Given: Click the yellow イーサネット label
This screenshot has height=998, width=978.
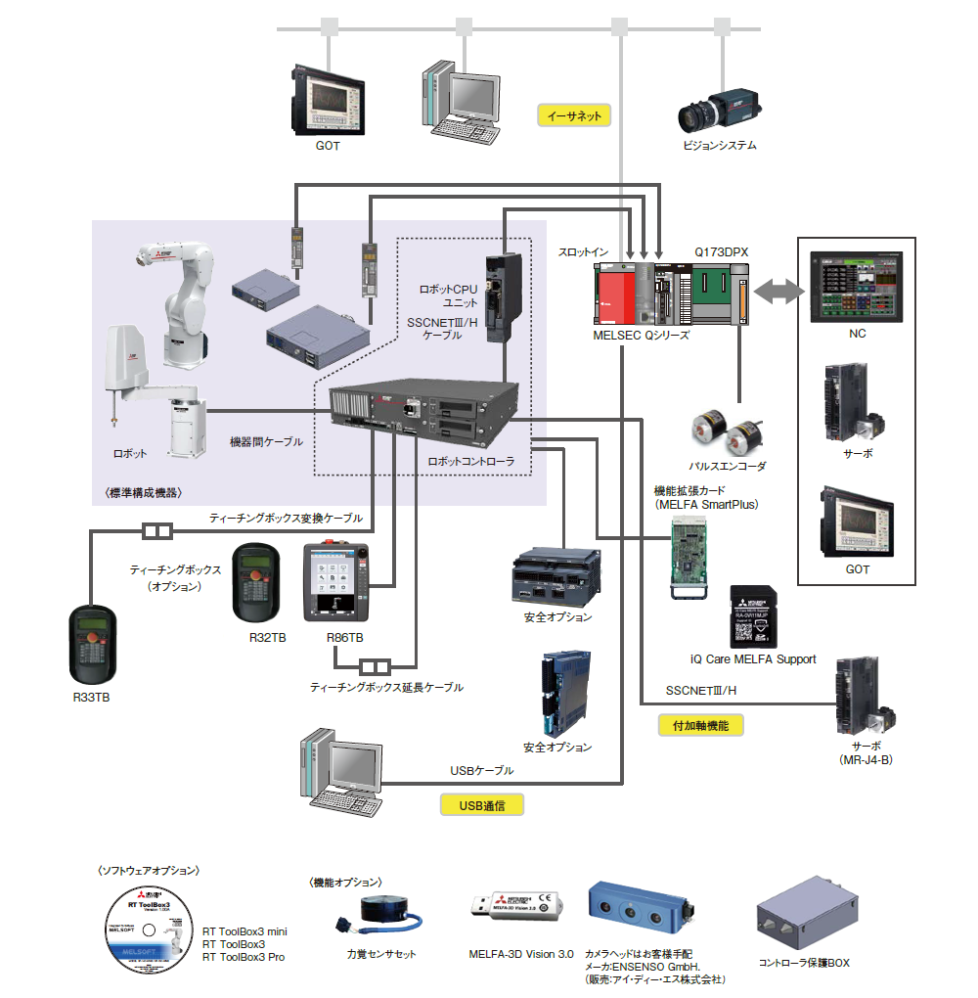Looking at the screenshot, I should [574, 114].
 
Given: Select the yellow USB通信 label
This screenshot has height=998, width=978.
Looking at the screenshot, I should [481, 805].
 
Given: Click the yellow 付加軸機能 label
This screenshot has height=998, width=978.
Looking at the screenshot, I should [701, 725].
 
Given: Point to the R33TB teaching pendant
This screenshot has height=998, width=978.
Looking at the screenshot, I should [93, 645].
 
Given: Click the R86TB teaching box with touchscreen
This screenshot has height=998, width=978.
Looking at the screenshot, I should [338, 582].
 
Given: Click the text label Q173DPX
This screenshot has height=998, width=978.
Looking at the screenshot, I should [721, 251].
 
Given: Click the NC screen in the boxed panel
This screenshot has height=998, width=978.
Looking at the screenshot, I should [856, 286].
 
